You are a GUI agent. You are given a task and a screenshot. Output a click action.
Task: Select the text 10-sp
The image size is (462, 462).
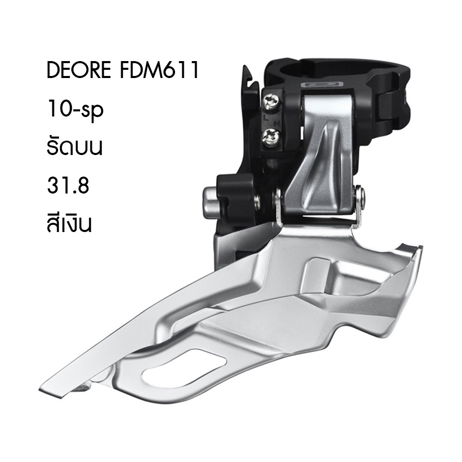point(75,109)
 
